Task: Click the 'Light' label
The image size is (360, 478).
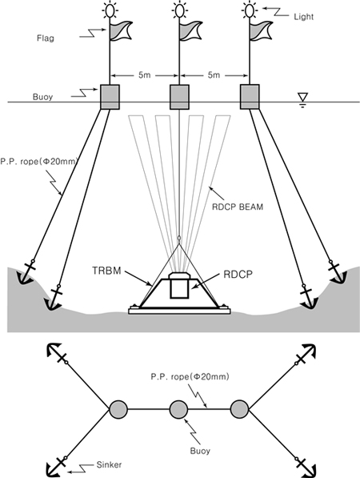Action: [303, 17]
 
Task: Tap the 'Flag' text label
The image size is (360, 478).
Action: [46, 38]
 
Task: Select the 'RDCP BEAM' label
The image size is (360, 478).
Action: [238, 207]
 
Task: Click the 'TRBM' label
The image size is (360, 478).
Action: [106, 271]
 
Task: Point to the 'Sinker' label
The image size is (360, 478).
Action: [109, 465]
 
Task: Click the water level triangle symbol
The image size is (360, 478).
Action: [302, 97]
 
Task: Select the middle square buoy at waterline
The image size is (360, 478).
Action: [179, 97]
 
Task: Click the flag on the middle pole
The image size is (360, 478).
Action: [190, 30]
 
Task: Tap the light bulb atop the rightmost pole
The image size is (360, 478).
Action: [249, 10]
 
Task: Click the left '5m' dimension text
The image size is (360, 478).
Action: [144, 75]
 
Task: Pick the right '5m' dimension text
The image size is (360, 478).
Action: [214, 75]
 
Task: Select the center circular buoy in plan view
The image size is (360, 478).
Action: [178, 409]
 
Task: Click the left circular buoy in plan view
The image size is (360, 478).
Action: [118, 409]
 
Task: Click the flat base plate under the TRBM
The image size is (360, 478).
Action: [179, 311]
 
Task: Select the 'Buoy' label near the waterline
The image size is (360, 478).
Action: [43, 97]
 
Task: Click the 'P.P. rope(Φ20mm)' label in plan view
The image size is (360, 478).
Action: [190, 377]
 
